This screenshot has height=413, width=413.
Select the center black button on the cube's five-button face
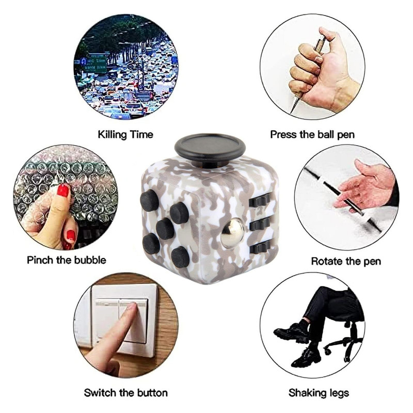pyautogui.click(x=165, y=228)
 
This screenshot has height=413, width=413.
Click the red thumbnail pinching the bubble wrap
pyautogui.click(x=62, y=190)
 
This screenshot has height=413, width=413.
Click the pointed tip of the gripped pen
pyautogui.click(x=291, y=112)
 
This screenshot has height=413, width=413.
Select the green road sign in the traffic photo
pyautogui.click(x=96, y=63)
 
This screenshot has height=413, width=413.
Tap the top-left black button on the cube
pyautogui.click(x=149, y=200)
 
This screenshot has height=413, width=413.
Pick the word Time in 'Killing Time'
pyautogui.click(x=141, y=135)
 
